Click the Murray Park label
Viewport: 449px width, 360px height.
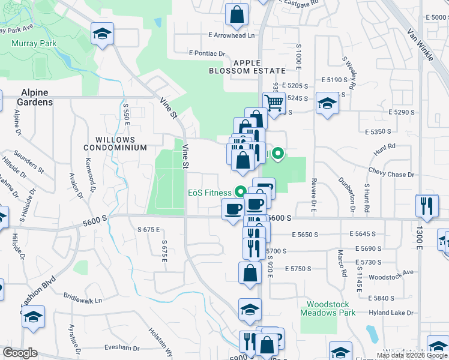34,43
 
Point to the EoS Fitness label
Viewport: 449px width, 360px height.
209,193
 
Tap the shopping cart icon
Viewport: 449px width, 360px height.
274,103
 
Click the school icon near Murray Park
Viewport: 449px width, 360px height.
103,34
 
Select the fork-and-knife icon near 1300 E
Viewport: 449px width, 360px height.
427,206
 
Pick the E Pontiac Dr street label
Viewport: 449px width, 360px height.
206,53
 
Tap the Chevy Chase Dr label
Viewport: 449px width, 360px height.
392,175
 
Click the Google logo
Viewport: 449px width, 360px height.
20,353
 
